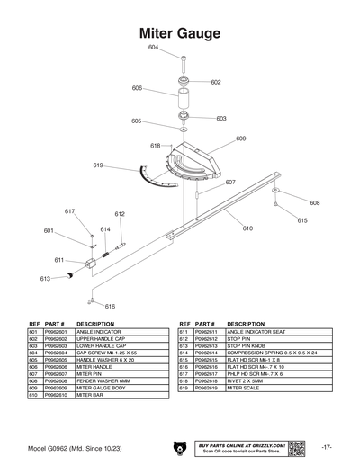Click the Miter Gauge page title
coord(180,33)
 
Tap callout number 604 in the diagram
coord(153,47)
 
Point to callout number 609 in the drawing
coord(241,139)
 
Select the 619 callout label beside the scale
coord(98,165)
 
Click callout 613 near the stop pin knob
coord(44,279)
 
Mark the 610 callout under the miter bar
coord(247,228)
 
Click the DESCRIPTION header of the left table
coord(95,323)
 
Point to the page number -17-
coord(327,446)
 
